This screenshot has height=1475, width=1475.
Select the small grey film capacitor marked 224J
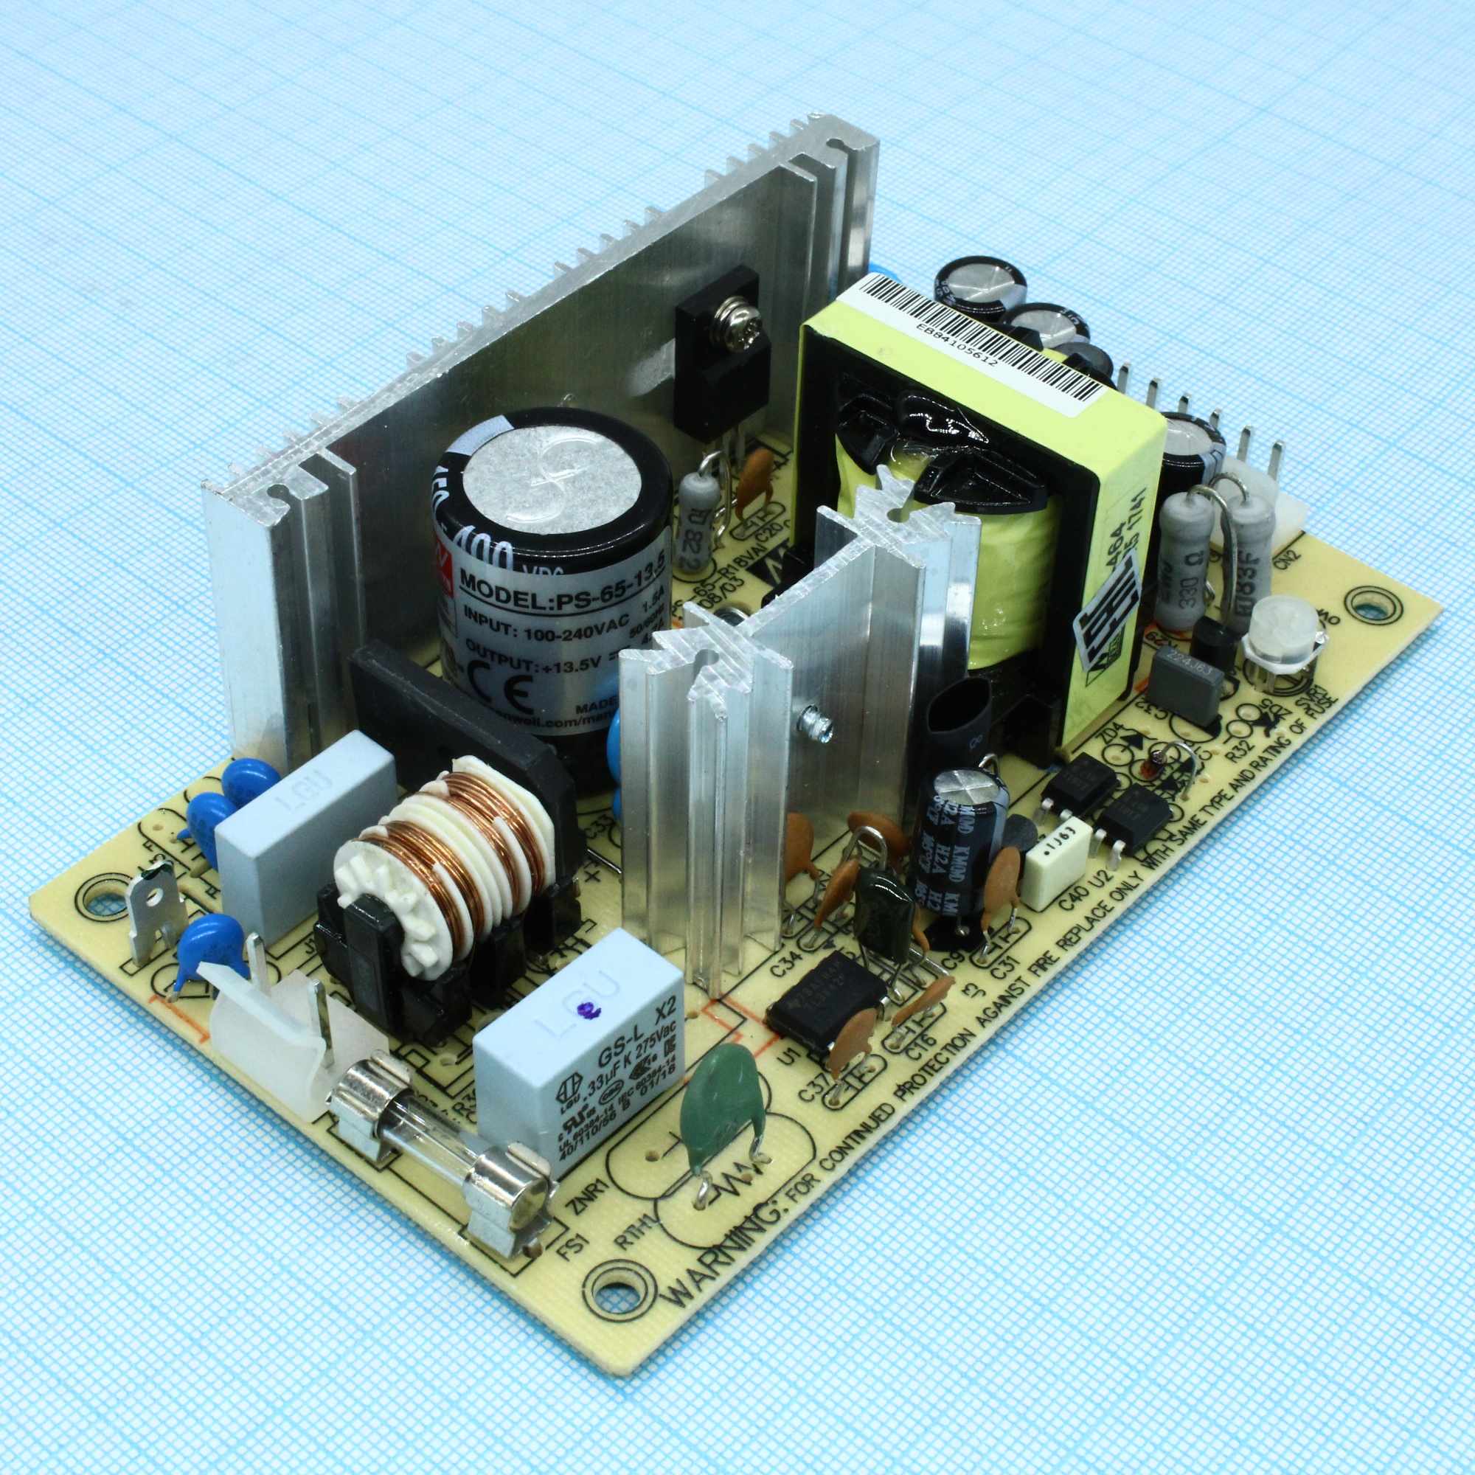(x=1179, y=685)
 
